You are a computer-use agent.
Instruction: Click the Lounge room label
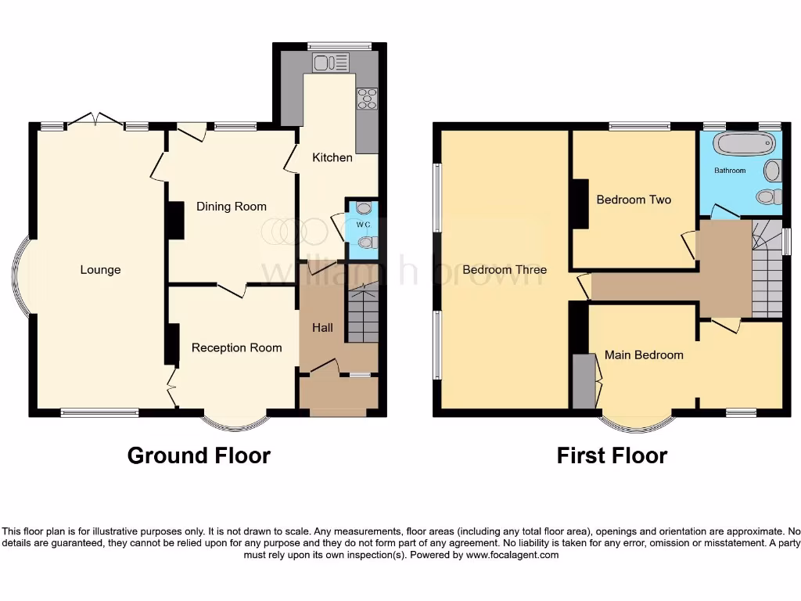100,270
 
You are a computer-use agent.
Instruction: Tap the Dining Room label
231,207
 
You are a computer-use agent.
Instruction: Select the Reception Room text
236,347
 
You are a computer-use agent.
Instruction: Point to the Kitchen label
332,157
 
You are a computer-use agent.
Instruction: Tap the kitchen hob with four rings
366,99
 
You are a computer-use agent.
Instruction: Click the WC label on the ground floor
362,225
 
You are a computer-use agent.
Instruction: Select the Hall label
322,327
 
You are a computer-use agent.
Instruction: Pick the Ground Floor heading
199,455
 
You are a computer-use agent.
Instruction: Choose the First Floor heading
612,455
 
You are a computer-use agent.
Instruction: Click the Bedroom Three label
505,270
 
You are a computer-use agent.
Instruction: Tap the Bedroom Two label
634,200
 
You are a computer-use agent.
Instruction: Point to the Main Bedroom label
644,354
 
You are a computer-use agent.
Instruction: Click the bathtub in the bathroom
745,145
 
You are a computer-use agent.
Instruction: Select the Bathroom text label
730,170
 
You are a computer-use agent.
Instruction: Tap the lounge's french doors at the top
95,120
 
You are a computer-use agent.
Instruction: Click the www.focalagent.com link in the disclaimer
512,555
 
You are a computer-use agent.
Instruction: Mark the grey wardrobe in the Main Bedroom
584,381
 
